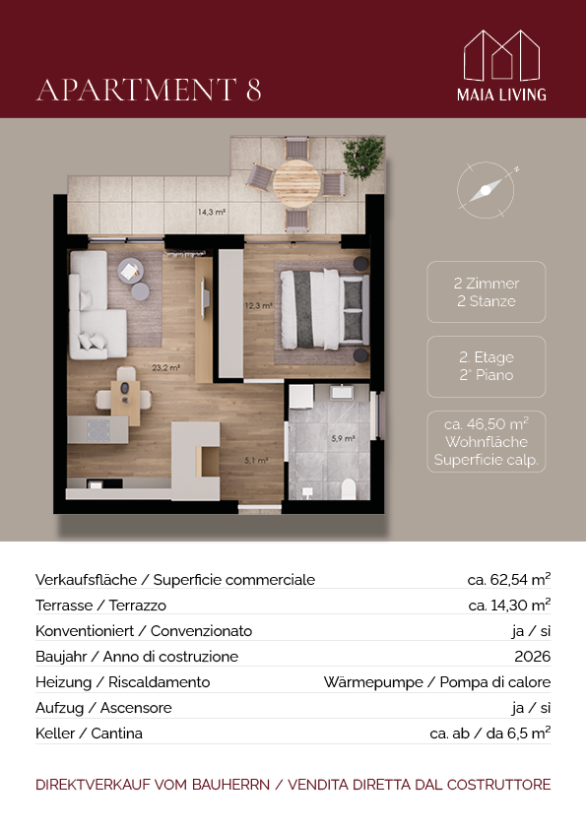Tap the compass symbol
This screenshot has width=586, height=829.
(486, 190)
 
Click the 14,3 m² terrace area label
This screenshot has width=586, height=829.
(212, 212)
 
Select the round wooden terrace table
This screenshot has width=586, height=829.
(296, 182)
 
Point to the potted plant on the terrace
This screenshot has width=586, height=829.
(363, 157)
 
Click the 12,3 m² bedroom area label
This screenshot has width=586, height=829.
(259, 305)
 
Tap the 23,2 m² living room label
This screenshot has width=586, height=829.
(166, 367)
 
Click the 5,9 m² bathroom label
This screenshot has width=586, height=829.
(344, 438)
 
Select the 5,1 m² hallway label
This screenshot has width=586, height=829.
(256, 461)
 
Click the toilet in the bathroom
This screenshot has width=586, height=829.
(349, 489)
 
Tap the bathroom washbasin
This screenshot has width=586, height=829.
(342, 392)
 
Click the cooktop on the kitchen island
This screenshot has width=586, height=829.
(98, 430)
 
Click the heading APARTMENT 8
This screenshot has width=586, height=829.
(149, 90)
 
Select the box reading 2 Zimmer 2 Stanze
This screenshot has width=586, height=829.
(487, 291)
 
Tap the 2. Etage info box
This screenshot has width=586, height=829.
(487, 366)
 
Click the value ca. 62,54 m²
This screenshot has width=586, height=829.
(509, 580)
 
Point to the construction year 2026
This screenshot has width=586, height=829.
(533, 656)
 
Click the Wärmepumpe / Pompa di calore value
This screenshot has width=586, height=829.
(437, 682)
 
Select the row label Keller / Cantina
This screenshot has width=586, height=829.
(89, 733)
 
